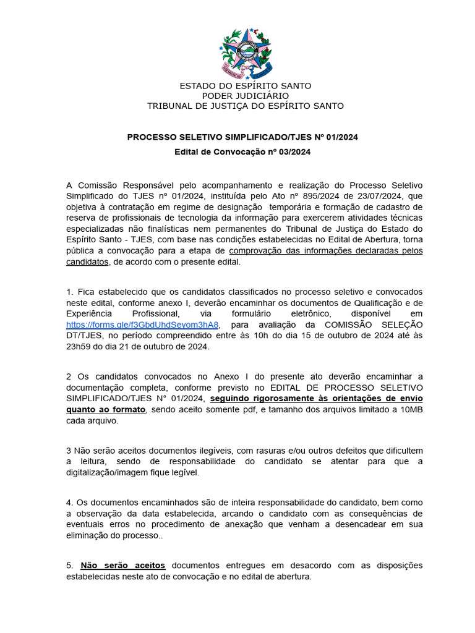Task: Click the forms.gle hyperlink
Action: [x=142, y=325]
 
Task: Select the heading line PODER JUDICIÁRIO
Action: [x=245, y=96]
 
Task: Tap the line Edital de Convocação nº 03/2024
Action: [x=242, y=151]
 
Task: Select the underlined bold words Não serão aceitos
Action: [x=123, y=566]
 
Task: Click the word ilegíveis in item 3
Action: [x=214, y=451]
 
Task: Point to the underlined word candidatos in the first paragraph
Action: [x=87, y=262]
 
